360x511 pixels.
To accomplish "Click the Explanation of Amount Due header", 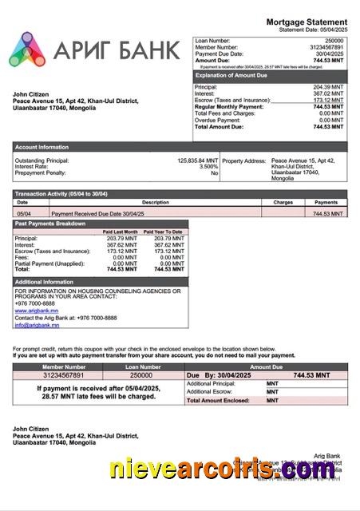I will tap(234, 75).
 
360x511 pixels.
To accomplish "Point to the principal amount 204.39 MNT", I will tap(328, 86).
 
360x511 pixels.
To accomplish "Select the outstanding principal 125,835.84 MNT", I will tap(197, 160).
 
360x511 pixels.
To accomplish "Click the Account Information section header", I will tap(42, 147).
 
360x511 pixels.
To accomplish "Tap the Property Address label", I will tap(243, 160).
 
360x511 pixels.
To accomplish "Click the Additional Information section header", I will tap(45, 282).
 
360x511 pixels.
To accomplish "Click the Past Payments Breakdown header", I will tap(50, 224).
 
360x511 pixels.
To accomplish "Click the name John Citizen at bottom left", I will tap(32, 429).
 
